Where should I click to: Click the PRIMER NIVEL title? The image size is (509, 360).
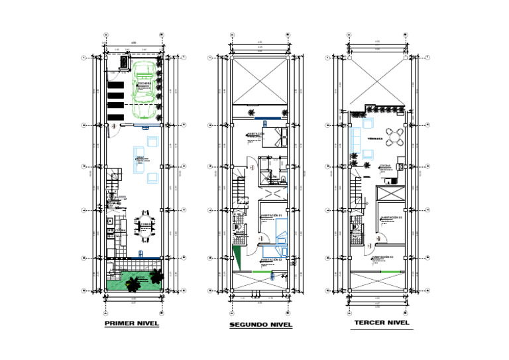click(x=132, y=324)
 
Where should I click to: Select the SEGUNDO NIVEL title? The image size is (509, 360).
click(x=260, y=326)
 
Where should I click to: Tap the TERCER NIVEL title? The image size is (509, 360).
click(x=382, y=324)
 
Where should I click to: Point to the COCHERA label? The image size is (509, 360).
click(x=145, y=83)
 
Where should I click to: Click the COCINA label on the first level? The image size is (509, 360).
click(x=121, y=230)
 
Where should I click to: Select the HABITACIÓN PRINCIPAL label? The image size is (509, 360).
click(x=257, y=135)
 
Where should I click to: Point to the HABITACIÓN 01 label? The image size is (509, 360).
click(x=272, y=215)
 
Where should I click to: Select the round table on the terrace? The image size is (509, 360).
click(x=396, y=137)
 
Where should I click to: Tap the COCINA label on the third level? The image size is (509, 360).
click(x=385, y=166)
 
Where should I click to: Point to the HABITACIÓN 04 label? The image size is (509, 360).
click(x=382, y=257)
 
